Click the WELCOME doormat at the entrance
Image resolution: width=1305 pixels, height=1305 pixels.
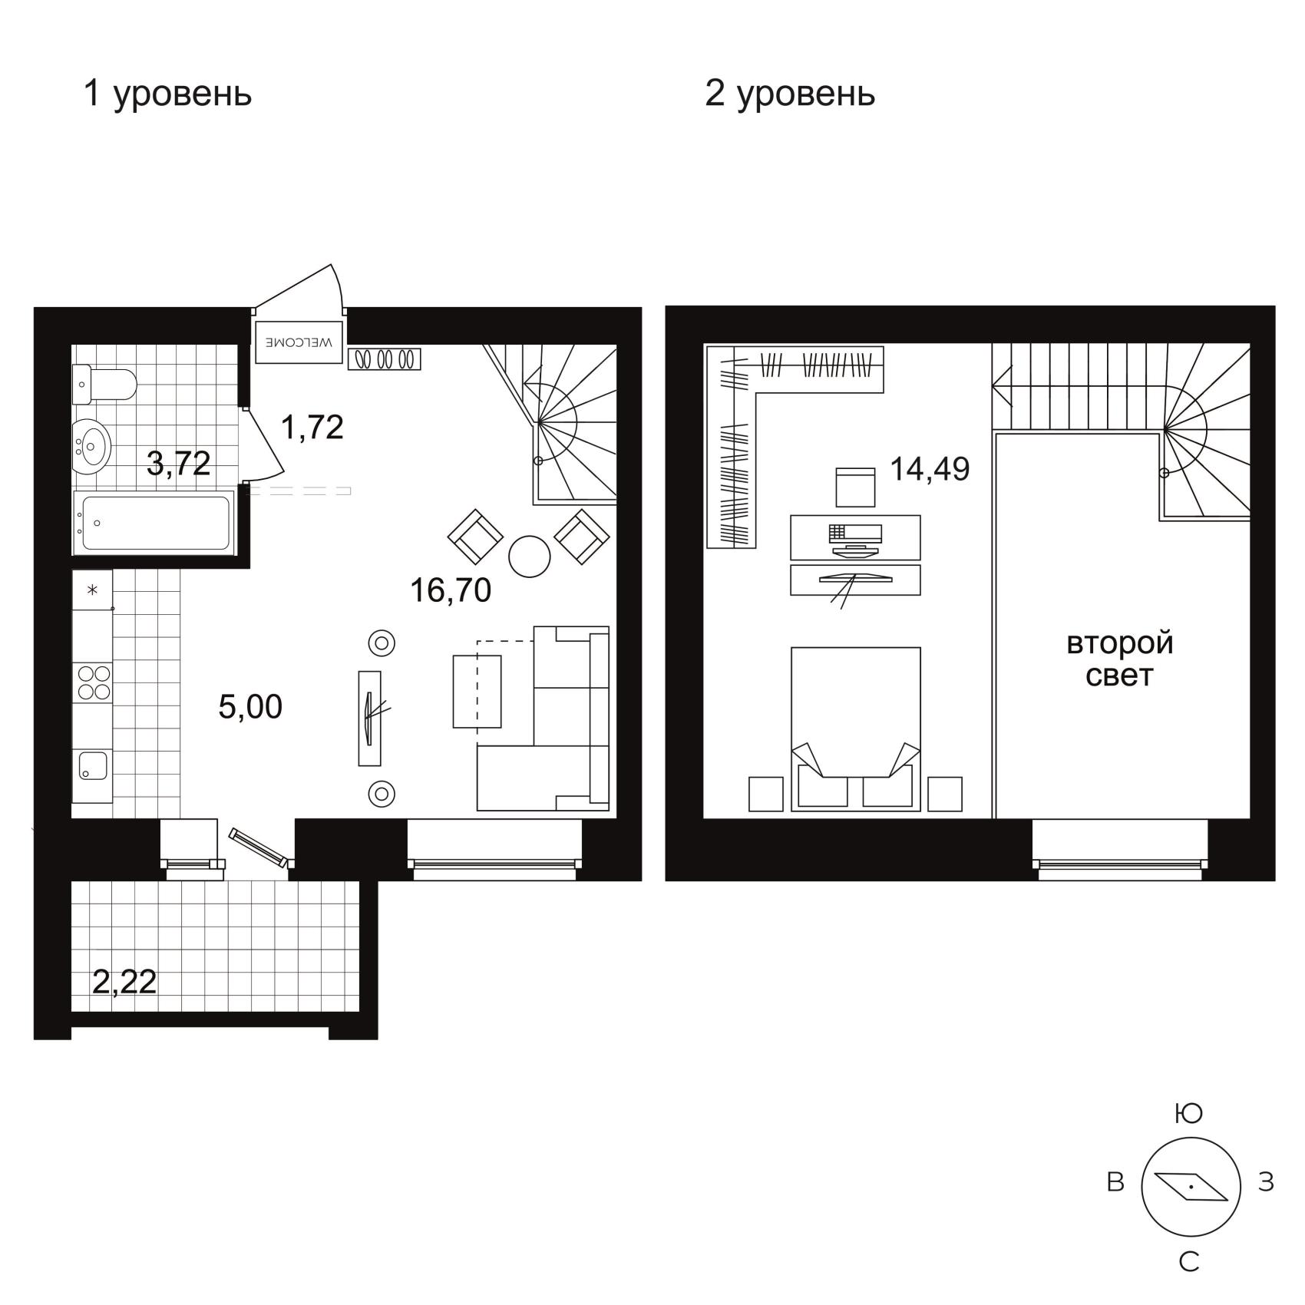tap(299, 342)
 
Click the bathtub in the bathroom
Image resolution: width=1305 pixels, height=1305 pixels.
tap(155, 523)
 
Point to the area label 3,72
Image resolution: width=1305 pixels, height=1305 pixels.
tap(178, 463)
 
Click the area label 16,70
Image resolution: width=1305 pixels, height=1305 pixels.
tap(451, 590)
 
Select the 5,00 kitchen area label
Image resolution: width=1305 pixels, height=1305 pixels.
tap(250, 706)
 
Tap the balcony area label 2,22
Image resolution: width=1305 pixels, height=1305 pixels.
tap(124, 981)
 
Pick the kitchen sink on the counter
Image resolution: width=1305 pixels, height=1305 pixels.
tap(94, 765)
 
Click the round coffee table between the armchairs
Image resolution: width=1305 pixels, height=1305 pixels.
tap(530, 556)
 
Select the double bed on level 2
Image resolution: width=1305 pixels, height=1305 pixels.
tap(855, 728)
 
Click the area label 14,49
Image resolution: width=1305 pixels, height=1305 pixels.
tap(930, 468)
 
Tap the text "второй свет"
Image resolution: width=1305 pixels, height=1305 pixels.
tap(1120, 659)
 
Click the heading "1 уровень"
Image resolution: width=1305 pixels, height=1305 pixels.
tap(167, 94)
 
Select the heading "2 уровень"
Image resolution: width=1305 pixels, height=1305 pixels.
tap(790, 94)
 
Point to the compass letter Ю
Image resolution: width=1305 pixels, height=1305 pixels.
tap(1189, 1113)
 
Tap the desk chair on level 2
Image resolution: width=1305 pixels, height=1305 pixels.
tap(855, 487)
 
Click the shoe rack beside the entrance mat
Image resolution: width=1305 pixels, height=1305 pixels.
tap(385, 359)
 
